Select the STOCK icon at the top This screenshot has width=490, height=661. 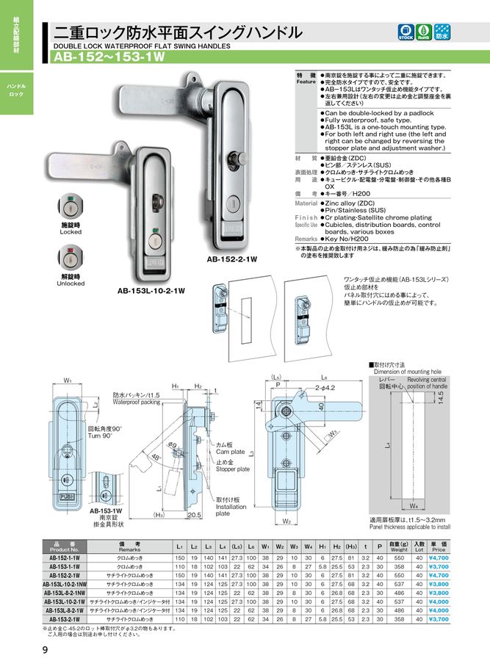[406, 32]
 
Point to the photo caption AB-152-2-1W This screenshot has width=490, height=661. [231, 259]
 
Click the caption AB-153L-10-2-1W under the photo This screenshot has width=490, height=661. [151, 290]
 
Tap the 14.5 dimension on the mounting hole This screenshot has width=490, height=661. [440, 397]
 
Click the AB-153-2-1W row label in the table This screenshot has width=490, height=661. [65, 619]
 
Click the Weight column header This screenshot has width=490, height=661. [399, 546]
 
